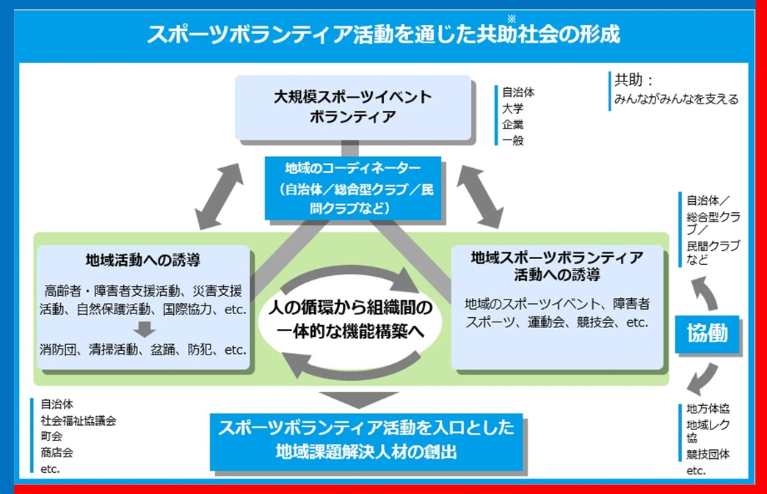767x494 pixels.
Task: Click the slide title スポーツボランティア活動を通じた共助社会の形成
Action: point(383,35)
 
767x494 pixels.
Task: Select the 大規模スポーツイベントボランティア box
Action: point(352,107)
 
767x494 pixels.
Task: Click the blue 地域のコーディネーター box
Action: point(353,189)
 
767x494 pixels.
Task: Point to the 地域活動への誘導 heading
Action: point(143,260)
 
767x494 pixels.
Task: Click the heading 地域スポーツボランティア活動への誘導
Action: point(557,266)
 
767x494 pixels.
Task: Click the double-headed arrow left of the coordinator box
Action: point(219,195)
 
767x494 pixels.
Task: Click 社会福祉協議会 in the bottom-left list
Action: point(78,421)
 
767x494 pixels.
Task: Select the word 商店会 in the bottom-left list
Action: point(57,452)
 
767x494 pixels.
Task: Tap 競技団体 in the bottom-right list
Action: point(708,455)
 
